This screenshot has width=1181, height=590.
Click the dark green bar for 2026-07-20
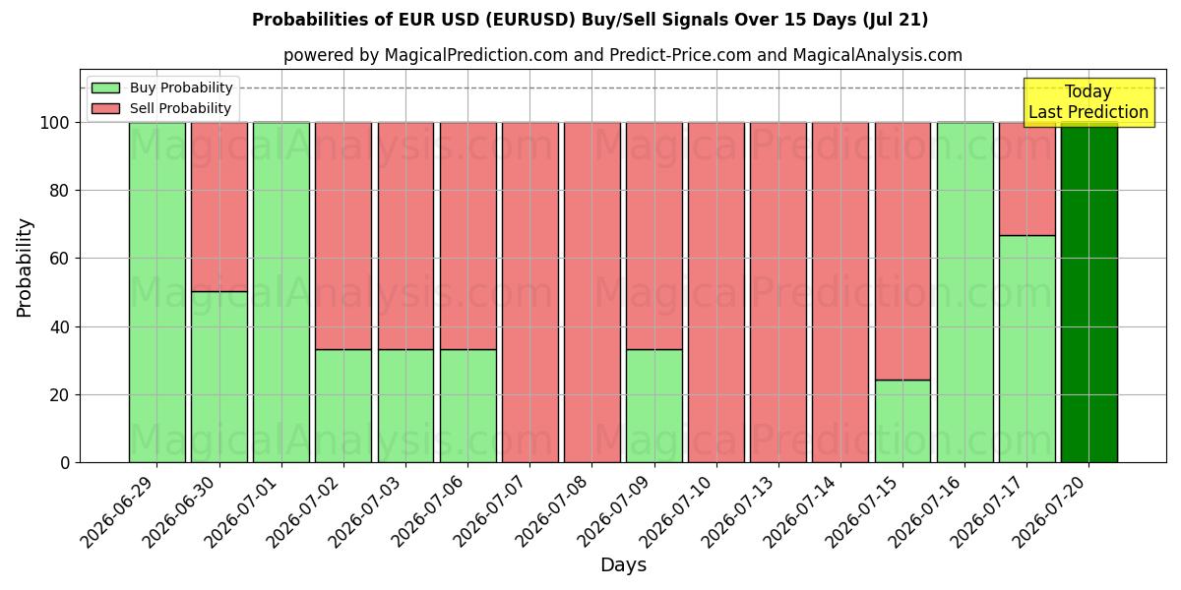tap(1089, 292)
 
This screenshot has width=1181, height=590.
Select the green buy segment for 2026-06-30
tap(219, 378)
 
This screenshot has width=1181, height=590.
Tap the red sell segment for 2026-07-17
tap(1027, 179)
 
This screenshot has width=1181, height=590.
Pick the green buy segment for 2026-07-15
tap(902, 422)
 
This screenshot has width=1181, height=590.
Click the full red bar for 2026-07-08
tap(592, 292)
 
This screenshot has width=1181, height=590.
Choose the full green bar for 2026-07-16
tap(964, 292)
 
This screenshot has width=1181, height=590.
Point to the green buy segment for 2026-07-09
tap(654, 406)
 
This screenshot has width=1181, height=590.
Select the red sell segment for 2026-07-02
tap(343, 236)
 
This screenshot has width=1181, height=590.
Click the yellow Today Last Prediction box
tap(1088, 102)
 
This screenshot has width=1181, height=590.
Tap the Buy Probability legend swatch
tap(105, 88)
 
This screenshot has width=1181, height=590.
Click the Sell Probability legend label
tap(180, 108)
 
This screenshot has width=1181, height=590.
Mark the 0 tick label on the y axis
tap(65, 463)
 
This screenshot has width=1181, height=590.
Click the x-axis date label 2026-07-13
tap(738, 511)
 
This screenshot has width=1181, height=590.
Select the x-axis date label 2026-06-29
tap(117, 511)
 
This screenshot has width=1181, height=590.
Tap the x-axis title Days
tap(623, 564)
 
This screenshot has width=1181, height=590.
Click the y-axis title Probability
tap(25, 267)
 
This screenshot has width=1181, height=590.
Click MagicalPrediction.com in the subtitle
tap(476, 55)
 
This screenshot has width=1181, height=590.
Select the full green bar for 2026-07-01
tap(281, 292)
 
